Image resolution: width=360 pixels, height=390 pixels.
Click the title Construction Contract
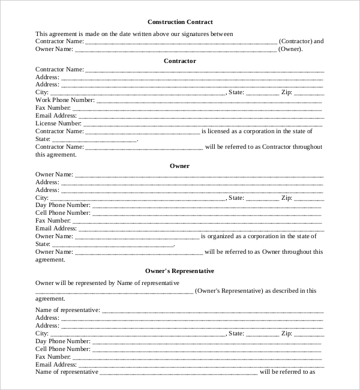click(x=180, y=22)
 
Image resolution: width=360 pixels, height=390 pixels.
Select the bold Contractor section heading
click(x=180, y=61)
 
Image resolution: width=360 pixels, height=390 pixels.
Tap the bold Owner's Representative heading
click(x=180, y=271)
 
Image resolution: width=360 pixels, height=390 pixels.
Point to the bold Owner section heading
click(x=180, y=166)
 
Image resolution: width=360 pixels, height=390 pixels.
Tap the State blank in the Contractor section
click(x=262, y=93)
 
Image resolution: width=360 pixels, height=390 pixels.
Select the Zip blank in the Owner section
click(x=310, y=198)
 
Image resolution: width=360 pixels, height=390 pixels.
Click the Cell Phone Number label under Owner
click(x=63, y=213)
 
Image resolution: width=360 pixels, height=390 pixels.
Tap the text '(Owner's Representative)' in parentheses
click(x=229, y=291)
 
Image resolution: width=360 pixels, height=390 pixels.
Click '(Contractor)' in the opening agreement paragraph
click(x=296, y=41)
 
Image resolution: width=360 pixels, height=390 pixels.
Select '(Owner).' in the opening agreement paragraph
click(x=291, y=49)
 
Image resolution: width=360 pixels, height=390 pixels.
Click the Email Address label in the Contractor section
click(x=56, y=116)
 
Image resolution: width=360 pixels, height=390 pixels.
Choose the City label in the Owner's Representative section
click(x=41, y=333)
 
